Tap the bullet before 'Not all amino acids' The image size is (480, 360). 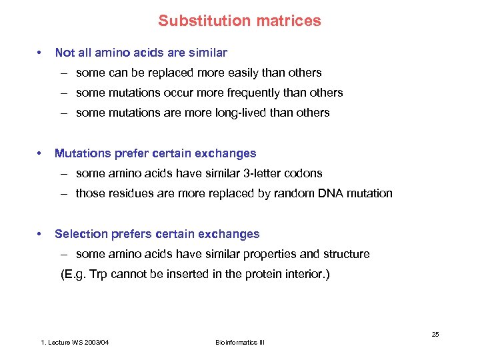41,53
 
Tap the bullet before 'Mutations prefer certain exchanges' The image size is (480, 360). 41,153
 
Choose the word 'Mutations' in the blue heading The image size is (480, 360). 83,153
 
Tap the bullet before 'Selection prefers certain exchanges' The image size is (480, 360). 41,234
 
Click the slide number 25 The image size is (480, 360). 435,334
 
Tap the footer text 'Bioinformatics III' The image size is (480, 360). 240,342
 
